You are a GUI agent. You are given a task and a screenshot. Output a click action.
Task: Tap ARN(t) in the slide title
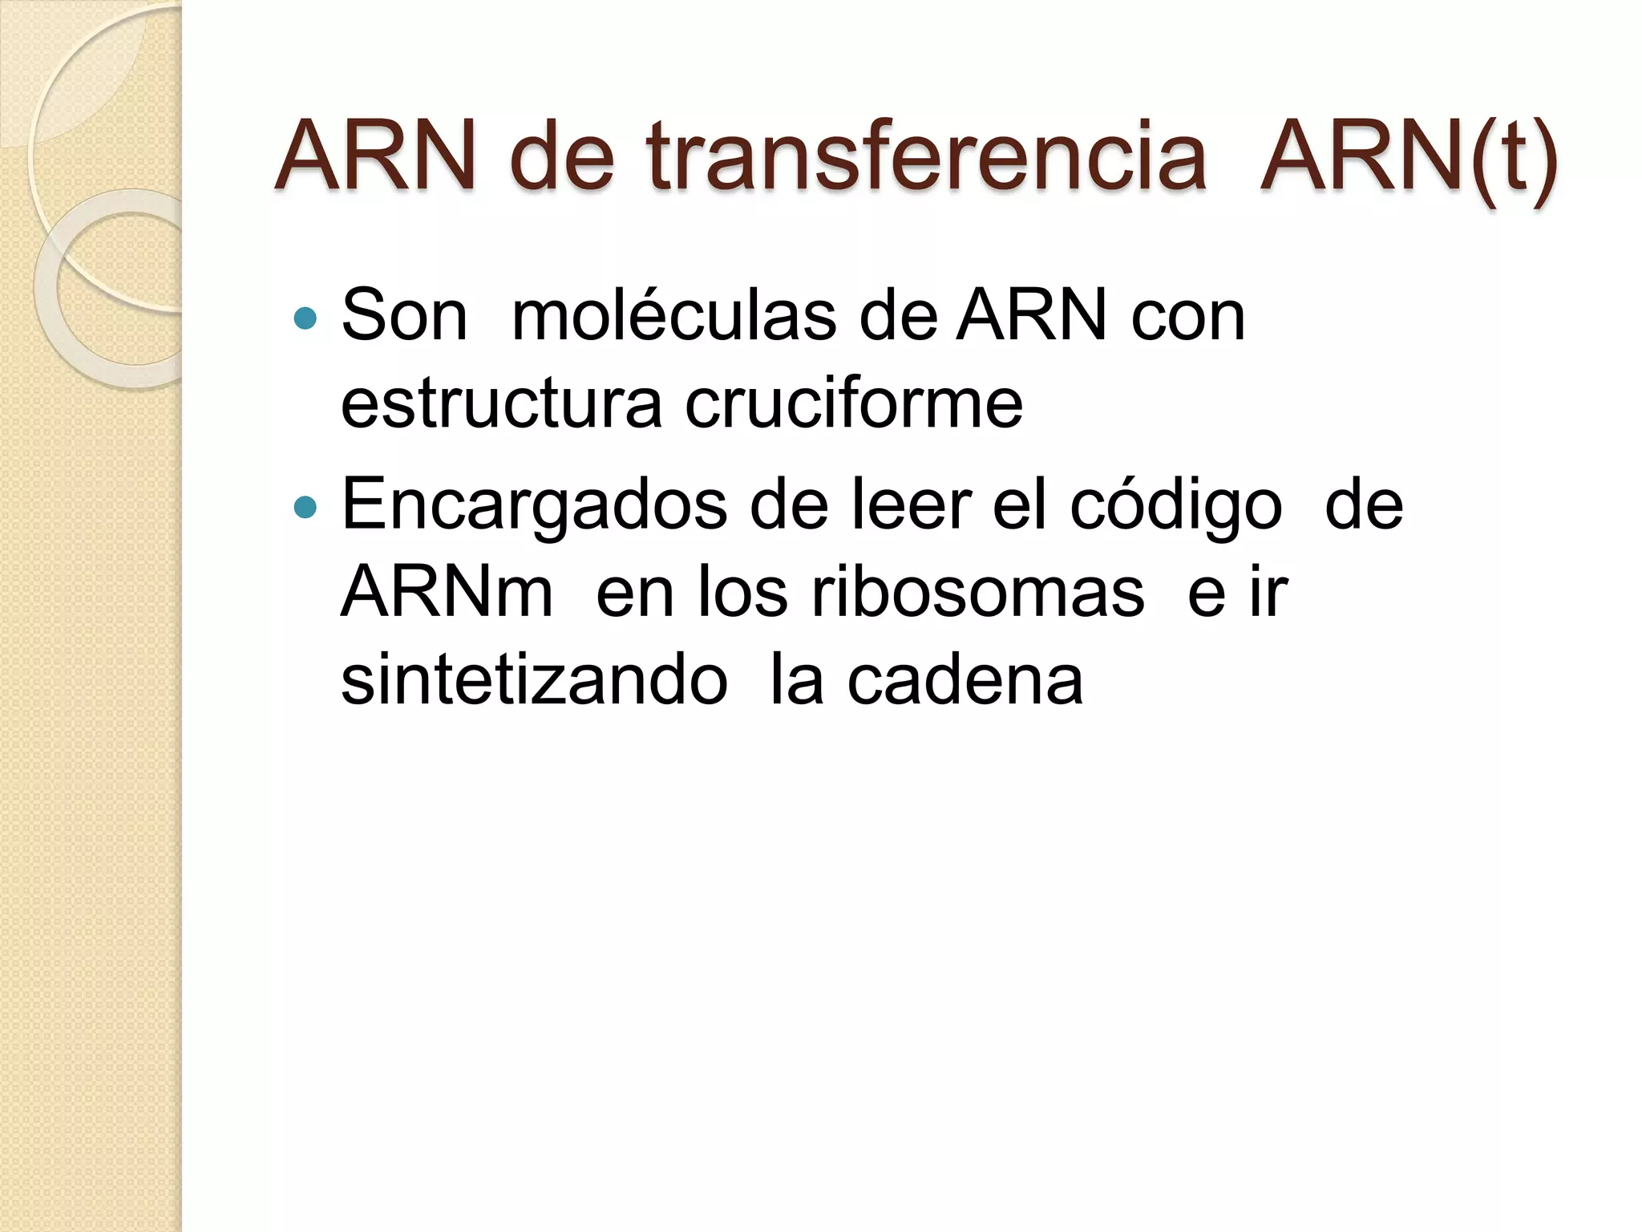(x=1408, y=156)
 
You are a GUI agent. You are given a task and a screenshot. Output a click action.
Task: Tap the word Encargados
(x=534, y=505)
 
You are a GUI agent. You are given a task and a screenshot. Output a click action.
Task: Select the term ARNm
(x=447, y=593)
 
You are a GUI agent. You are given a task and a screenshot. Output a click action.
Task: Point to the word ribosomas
(x=978, y=593)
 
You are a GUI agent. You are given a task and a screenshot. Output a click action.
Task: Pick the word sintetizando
(x=534, y=681)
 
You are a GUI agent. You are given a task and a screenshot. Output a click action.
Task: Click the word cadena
(x=965, y=681)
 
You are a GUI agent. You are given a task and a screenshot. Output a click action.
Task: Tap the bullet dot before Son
(x=305, y=319)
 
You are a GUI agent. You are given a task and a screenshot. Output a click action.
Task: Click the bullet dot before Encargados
(x=305, y=507)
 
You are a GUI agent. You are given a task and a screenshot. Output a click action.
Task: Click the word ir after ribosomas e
(x=1268, y=593)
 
